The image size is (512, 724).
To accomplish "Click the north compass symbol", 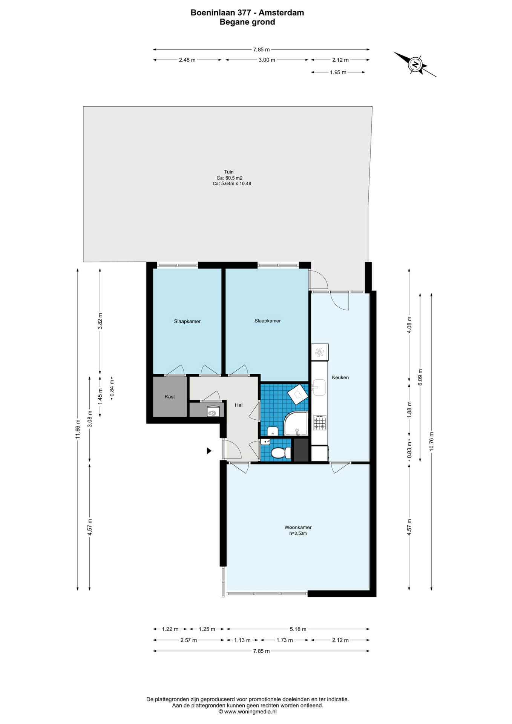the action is point(415,64).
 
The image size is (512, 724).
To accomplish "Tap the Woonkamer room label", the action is point(298,527).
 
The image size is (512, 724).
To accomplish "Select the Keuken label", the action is point(340,377).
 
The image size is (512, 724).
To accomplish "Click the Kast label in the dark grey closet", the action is point(170,397).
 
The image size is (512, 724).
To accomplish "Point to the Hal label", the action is point(239,405).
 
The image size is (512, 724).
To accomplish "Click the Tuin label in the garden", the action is point(229,172).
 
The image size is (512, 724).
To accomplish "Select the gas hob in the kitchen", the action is point(320,423).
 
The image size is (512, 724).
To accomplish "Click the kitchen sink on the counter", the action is point(319,388).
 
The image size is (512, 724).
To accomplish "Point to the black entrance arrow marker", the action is point(209,451).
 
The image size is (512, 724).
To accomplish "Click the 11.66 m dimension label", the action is point(78,429).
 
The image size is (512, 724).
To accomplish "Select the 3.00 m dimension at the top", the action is point(267,60).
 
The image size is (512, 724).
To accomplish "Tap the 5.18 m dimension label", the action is point(298,629).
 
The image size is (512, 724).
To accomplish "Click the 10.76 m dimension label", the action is point(432,441).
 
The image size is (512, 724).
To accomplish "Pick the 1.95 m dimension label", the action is point(338,72).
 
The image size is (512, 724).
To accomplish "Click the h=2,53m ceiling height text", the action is point(298,534).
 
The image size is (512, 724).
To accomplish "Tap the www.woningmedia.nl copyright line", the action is point(247,712).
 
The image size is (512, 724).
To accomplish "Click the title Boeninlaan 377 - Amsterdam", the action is point(247,13).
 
